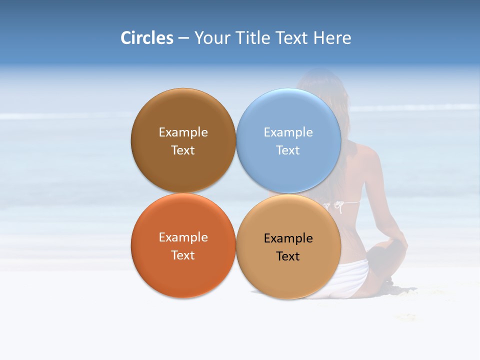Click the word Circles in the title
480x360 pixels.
click(147, 38)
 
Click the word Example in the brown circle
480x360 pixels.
click(183, 132)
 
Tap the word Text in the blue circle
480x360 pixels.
click(288, 150)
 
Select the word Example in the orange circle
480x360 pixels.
click(183, 237)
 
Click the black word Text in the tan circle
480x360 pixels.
click(288, 256)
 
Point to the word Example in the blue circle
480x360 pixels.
click(288, 132)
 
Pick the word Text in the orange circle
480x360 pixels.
click(183, 255)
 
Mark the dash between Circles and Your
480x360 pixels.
click(183, 38)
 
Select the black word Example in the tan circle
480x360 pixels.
click(288, 238)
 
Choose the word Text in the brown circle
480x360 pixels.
click(183, 150)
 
